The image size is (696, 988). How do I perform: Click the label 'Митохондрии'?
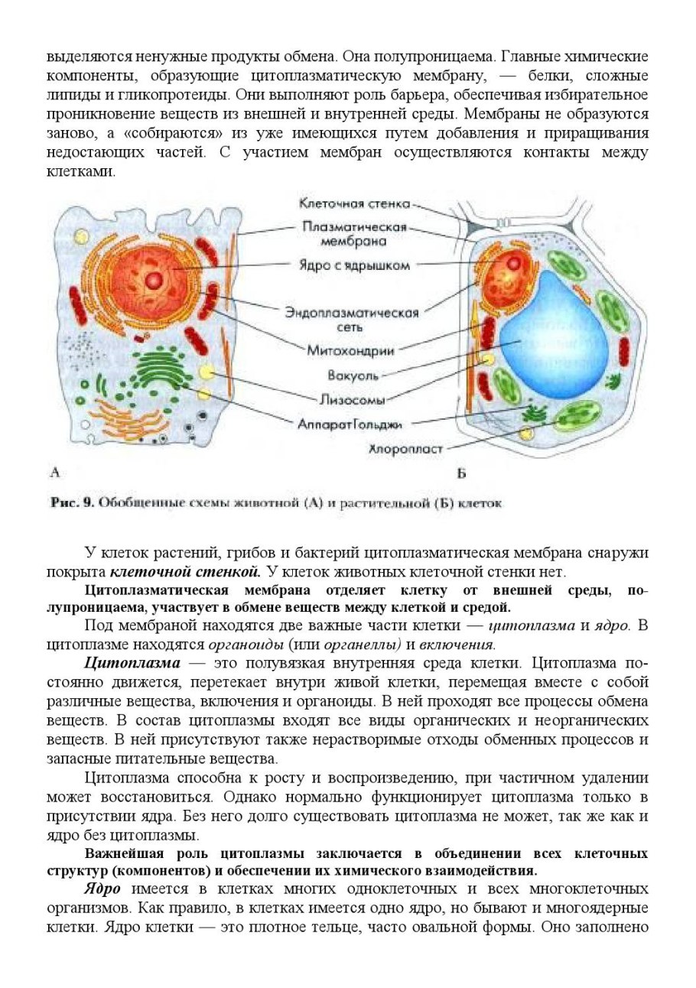350,351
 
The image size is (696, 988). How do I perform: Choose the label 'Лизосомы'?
350,399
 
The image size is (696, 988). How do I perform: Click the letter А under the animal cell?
54,473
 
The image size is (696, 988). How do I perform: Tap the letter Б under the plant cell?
461,474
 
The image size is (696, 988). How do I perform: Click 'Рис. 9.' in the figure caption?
72,503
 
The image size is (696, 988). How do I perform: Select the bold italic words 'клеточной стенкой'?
185,571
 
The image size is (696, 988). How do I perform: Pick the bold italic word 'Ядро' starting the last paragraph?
103,889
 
